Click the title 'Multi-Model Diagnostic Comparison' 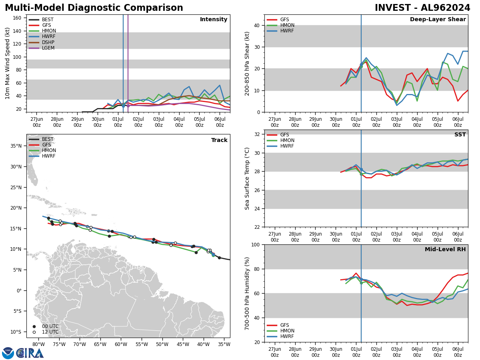pyautogui.click(x=94, y=8)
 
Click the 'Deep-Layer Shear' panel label pyautogui.click(x=438, y=20)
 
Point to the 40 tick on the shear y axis pyautogui.click(x=256, y=25)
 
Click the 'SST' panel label pyautogui.click(x=460, y=135)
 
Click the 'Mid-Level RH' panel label pyautogui.click(x=445, y=250)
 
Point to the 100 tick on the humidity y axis pyautogui.click(x=254, y=244)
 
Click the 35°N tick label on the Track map pyautogui.click(x=16, y=146)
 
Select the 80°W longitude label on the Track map pyautogui.click(x=38, y=344)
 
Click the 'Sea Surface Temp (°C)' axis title pyautogui.click(x=247, y=178)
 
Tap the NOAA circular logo pyautogui.click(x=8, y=353)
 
